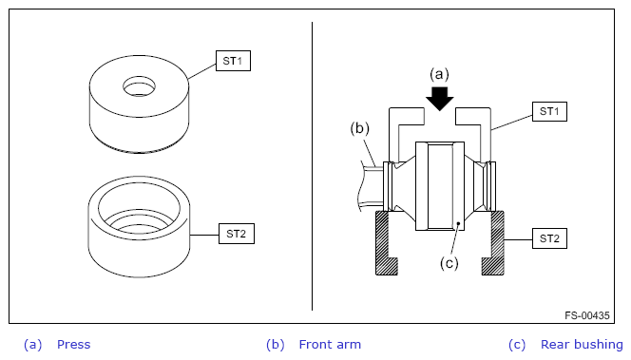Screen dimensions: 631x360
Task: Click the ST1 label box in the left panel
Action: click(233, 61)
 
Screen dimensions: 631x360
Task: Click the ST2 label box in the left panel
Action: click(237, 234)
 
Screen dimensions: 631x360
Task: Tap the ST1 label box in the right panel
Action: click(549, 111)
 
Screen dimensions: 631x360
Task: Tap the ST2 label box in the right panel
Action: click(549, 238)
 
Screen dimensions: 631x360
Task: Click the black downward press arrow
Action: click(439, 98)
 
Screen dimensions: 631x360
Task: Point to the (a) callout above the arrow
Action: click(439, 74)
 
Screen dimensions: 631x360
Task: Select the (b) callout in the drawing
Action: click(359, 128)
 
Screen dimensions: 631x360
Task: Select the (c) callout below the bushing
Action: click(449, 263)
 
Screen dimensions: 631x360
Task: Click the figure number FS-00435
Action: click(587, 315)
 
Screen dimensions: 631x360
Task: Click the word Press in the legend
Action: click(73, 345)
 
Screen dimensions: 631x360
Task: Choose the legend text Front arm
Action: click(330, 345)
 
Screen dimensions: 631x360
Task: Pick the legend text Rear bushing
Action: click(582, 345)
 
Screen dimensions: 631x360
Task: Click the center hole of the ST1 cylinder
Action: click(140, 86)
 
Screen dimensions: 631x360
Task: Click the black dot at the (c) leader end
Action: click(458, 223)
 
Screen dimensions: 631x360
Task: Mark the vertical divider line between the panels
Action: click(312, 166)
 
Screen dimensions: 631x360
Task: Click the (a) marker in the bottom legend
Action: click(32, 345)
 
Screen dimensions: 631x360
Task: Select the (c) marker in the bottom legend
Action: click(517, 345)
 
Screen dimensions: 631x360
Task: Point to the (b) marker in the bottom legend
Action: click(276, 345)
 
